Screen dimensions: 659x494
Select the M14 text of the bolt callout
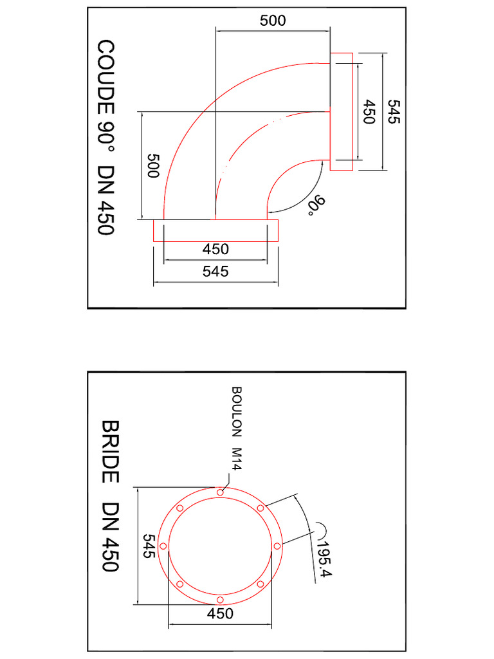pos(236,459)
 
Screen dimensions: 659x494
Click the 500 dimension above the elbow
pos(273,21)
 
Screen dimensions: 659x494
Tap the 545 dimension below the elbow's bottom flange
pos(215,271)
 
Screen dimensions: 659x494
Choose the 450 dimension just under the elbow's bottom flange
pos(215,249)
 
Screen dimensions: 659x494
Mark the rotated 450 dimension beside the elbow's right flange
pos(369,112)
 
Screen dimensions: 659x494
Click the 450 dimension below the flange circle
pos(220,613)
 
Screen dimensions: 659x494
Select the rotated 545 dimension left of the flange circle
pos(149,546)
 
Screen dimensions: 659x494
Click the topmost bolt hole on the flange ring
pos(220,492)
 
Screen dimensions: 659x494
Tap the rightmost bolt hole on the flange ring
pos(277,546)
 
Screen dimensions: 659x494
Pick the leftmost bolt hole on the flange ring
pos(163,546)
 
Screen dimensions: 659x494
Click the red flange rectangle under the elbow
pos(215,230)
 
